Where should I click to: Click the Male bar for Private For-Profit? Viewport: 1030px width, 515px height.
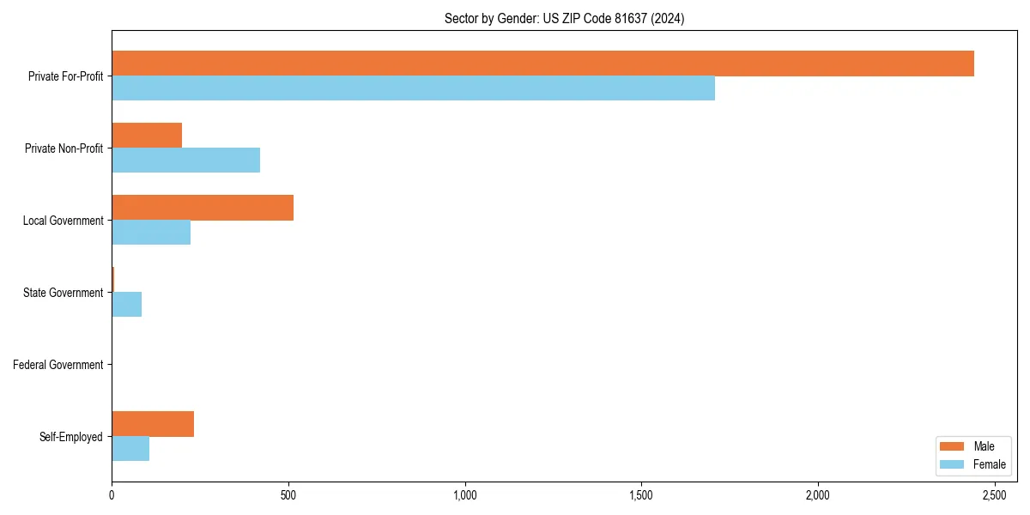(542, 64)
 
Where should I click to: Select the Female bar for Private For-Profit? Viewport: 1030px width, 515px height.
(413, 88)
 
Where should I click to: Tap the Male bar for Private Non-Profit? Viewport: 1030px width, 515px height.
(147, 136)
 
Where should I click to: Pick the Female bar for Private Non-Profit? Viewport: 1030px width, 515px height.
(185, 161)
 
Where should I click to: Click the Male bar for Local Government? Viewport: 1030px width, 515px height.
(203, 208)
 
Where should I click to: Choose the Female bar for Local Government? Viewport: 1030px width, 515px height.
(151, 233)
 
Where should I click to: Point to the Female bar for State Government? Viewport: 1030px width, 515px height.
(127, 305)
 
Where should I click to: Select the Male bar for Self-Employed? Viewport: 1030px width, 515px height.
(153, 424)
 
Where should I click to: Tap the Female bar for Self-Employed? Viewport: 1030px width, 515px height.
(130, 449)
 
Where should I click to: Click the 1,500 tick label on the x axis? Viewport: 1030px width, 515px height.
(641, 495)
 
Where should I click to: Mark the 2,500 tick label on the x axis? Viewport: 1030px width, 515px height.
(995, 495)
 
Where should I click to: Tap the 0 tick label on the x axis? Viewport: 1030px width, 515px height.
(112, 495)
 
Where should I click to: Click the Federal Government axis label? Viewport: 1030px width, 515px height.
(58, 365)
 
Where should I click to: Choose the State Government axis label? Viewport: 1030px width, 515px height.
(63, 293)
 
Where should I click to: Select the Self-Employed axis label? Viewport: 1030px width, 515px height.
(71, 437)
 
